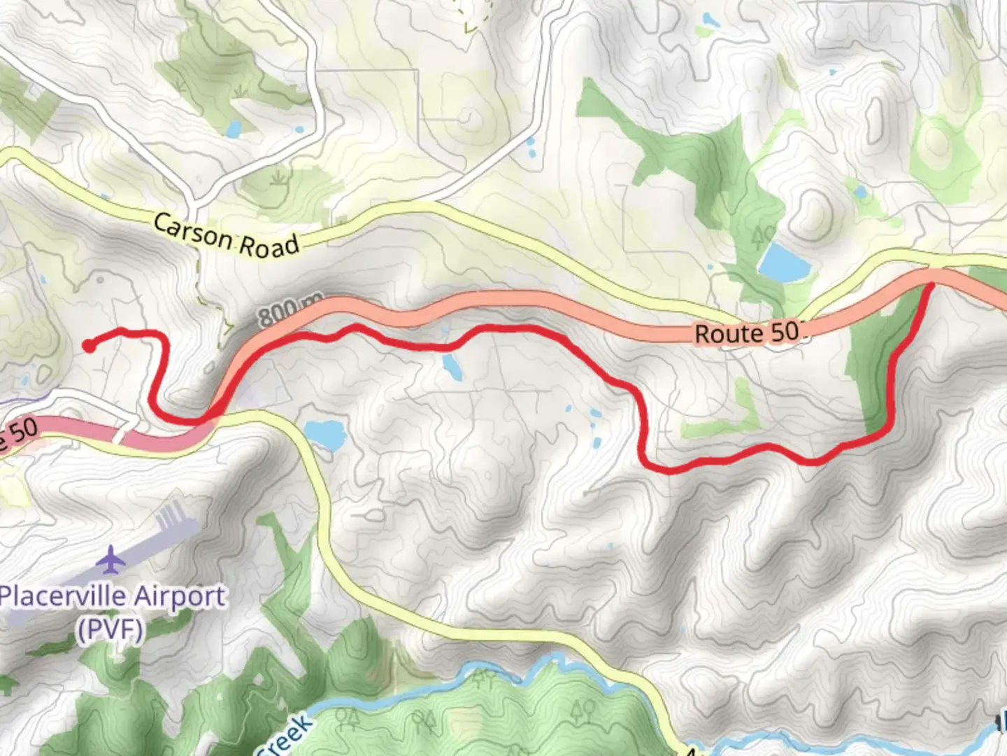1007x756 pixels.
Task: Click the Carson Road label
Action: [226, 234]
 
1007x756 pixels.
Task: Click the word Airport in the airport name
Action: [179, 597]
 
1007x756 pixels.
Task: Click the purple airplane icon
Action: [110, 560]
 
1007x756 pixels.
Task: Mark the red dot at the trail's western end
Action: [88, 344]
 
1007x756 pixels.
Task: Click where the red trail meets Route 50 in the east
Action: [932, 284]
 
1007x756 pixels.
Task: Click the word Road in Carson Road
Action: [269, 244]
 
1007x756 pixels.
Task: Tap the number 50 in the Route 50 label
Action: [785, 332]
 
